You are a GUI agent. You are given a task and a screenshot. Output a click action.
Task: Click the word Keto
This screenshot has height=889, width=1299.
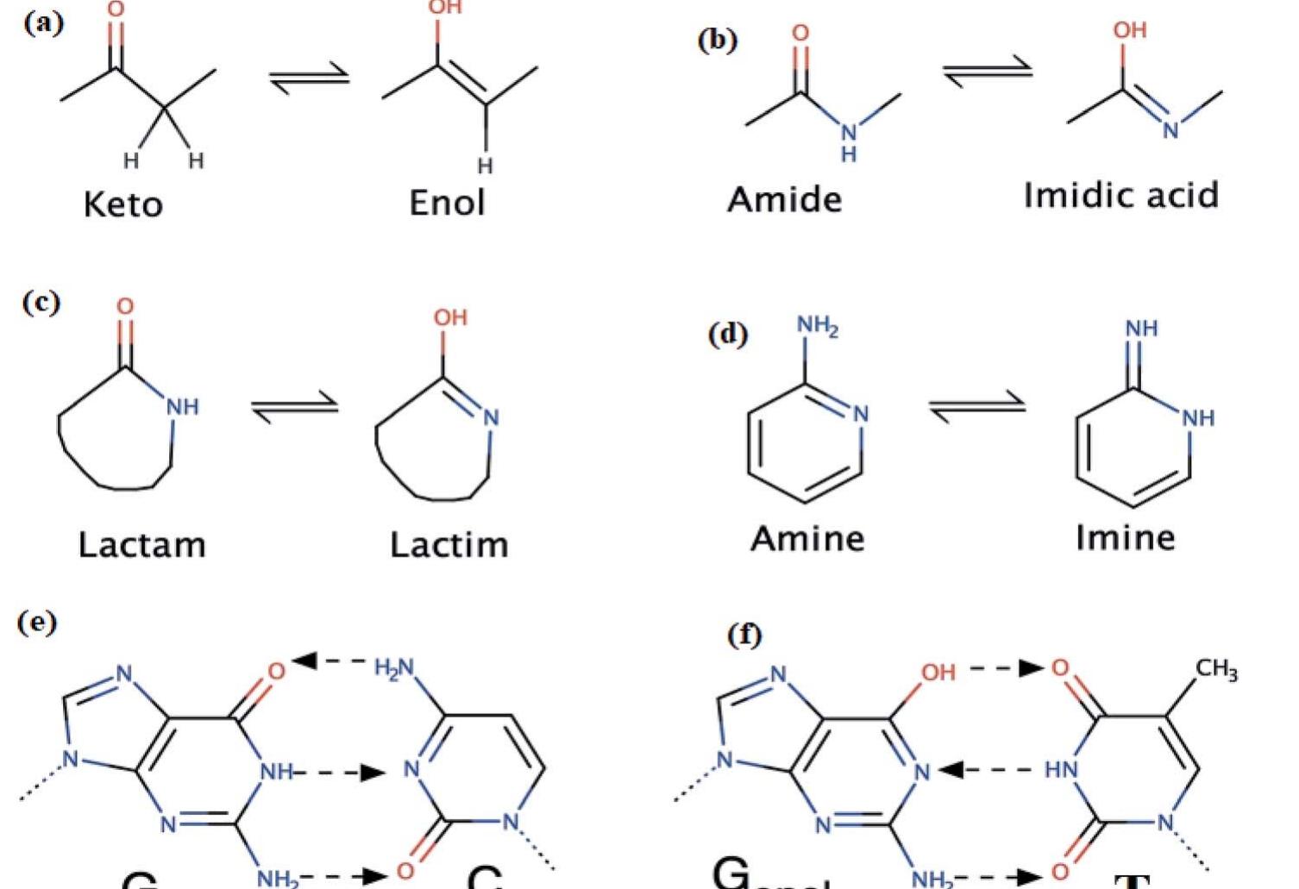click(122, 205)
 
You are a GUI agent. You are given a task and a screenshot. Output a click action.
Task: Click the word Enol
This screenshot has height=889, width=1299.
click(447, 203)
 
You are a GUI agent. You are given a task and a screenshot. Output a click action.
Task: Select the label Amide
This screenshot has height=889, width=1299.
click(784, 200)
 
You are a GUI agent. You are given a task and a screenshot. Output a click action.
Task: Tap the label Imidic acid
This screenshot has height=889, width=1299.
click(1120, 195)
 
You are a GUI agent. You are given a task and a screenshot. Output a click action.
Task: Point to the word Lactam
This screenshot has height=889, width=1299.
click(141, 545)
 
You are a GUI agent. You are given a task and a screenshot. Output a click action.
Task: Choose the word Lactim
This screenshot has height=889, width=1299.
click(449, 545)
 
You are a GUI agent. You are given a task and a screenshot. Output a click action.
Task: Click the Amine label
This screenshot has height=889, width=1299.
click(807, 539)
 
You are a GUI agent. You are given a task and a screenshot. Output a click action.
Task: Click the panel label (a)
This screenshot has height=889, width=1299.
click(43, 22)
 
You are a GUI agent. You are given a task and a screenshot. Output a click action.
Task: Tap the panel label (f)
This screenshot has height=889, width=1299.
click(744, 635)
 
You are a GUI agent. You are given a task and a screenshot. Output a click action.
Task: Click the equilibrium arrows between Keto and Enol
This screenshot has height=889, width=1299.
click(309, 78)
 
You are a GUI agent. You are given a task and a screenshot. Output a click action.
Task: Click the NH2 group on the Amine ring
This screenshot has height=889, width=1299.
click(817, 326)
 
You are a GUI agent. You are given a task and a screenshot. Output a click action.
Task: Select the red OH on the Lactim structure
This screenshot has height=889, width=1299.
click(450, 318)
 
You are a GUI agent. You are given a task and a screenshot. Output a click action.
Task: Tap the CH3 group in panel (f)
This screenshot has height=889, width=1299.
click(1216, 669)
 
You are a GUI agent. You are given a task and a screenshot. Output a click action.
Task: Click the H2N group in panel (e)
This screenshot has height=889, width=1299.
click(394, 667)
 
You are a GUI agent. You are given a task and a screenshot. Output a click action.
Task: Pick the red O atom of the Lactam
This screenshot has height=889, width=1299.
click(125, 307)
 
